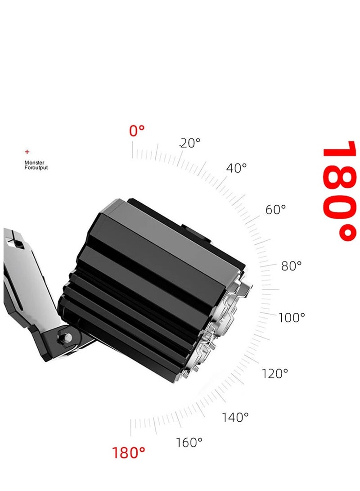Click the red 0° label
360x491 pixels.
coord(137,131)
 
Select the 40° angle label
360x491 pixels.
coord(236,168)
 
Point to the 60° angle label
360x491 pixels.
coord(275,209)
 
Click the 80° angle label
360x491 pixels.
coord(292,266)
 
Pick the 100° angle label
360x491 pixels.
coord(292,318)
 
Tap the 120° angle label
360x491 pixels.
coord(274,374)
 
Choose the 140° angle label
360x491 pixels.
coord(235,417)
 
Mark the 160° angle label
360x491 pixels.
coord(189,442)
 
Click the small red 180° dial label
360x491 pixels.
coord(128,453)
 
